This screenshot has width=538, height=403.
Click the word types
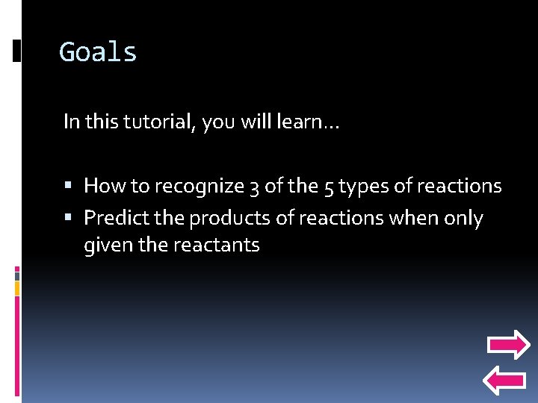tap(362, 186)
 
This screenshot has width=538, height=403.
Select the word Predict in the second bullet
tap(114, 218)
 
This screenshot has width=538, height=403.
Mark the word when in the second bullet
tap(418, 218)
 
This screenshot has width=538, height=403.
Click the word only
tap(465, 218)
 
